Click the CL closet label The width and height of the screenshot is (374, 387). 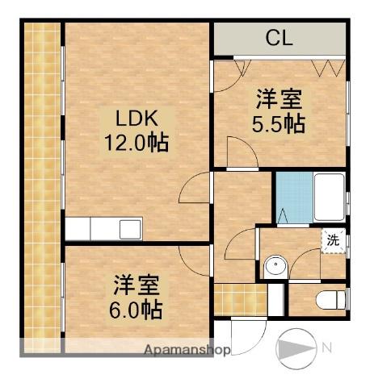279,37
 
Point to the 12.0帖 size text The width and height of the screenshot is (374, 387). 135,145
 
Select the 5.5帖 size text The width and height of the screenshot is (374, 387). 278,125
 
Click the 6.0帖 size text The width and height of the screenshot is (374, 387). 136,309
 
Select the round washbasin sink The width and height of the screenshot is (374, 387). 275,264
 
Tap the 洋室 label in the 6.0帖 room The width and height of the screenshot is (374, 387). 136,285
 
